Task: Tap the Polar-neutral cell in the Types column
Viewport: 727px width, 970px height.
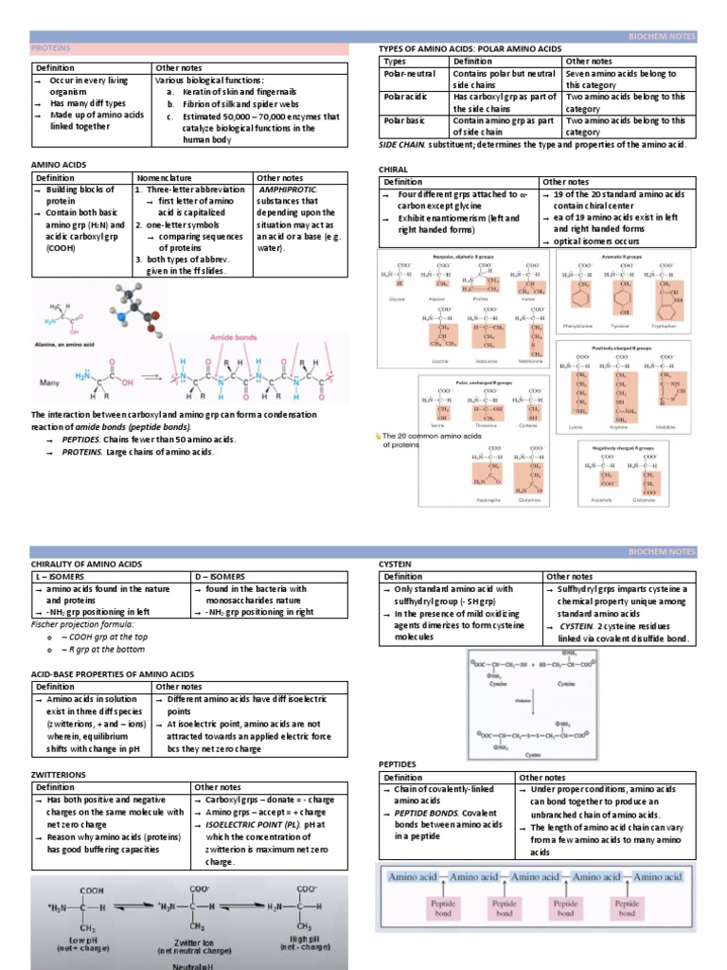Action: (x=406, y=73)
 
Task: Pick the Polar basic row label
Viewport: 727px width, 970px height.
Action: (x=404, y=120)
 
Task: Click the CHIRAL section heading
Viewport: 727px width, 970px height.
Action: (x=393, y=170)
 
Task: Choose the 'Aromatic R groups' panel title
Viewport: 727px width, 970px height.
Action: (x=623, y=257)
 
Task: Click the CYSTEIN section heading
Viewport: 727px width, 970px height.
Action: (x=397, y=564)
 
